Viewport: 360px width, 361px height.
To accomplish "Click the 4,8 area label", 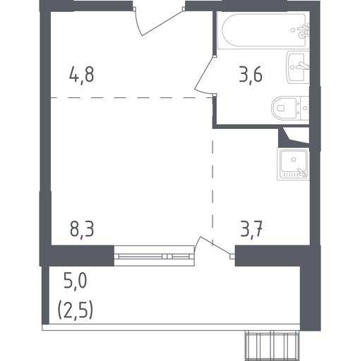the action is [82, 75].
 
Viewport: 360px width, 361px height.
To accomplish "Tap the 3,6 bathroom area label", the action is [251, 75].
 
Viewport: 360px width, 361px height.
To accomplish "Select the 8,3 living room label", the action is [82, 229].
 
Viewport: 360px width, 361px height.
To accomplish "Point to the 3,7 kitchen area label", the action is [251, 229].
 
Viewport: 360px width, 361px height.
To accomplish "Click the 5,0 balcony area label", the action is [76, 281].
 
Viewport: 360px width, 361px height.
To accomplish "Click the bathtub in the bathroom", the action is [263, 30].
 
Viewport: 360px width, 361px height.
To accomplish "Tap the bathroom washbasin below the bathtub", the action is [298, 68].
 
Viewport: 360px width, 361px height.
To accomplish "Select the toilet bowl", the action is [290, 109].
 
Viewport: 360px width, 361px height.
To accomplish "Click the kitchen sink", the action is [294, 164].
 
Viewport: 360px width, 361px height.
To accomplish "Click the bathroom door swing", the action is [205, 75].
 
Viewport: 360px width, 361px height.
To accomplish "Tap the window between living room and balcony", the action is [155, 256].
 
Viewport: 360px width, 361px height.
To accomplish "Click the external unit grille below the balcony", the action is [272, 345].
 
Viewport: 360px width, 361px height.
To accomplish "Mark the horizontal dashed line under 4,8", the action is [131, 97].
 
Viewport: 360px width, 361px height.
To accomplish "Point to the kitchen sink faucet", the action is [302, 172].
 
